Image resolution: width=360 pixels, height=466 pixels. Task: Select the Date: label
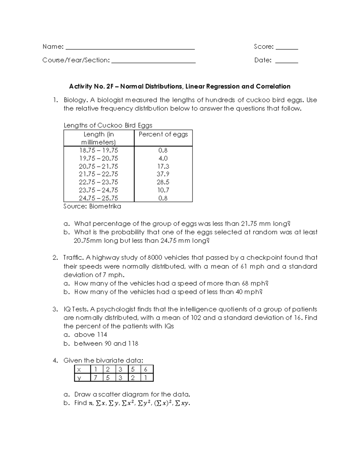263,60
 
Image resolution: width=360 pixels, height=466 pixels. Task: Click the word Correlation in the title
273,86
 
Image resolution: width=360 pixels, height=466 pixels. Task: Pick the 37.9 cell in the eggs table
163,174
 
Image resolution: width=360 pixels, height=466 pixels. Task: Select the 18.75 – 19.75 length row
98,150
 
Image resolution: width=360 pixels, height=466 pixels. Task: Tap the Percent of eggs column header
163,134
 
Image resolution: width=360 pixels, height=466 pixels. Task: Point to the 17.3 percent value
163,166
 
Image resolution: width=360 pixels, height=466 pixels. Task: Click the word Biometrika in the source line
105,206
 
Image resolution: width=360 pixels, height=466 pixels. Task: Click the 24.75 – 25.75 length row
98,198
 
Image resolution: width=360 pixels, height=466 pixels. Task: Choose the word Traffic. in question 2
73,258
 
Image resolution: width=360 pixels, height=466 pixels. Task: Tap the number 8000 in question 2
155,258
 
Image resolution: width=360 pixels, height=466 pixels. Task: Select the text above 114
91,335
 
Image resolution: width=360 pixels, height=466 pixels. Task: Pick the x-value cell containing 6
145,369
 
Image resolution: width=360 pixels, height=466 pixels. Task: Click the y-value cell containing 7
95,377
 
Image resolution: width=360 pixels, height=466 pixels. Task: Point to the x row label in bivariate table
79,369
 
